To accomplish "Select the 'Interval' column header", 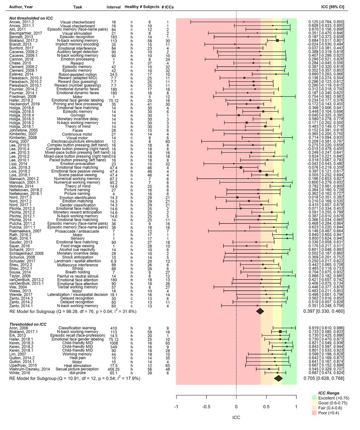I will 113,7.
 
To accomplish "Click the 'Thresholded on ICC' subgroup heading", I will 28,324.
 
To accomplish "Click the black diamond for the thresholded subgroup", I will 278,378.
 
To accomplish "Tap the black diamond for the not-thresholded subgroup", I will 260,311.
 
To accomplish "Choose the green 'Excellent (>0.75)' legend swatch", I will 314,397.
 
